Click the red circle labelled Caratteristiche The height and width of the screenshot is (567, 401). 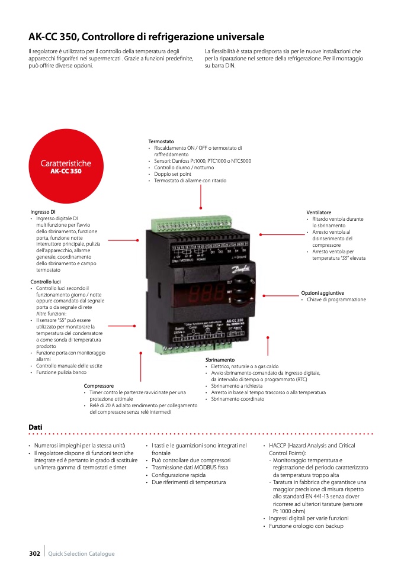pyautogui.click(x=65, y=166)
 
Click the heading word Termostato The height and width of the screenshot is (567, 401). pyautogui.click(x=161, y=141)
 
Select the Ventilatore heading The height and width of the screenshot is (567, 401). pyautogui.click(x=319, y=212)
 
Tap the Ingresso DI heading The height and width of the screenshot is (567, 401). pyautogui.click(x=43, y=211)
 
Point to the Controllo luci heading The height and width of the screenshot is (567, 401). pyautogui.click(x=46, y=282)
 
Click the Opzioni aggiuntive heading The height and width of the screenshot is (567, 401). pyautogui.click(x=322, y=293)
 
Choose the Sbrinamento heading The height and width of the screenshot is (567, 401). pyautogui.click(x=220, y=360)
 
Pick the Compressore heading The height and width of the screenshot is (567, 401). pyautogui.click(x=99, y=386)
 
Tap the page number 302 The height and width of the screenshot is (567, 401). pyautogui.click(x=34, y=553)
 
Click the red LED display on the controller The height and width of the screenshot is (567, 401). pyautogui.click(x=199, y=291)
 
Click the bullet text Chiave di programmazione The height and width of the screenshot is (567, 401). pyautogui.click(x=336, y=299)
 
